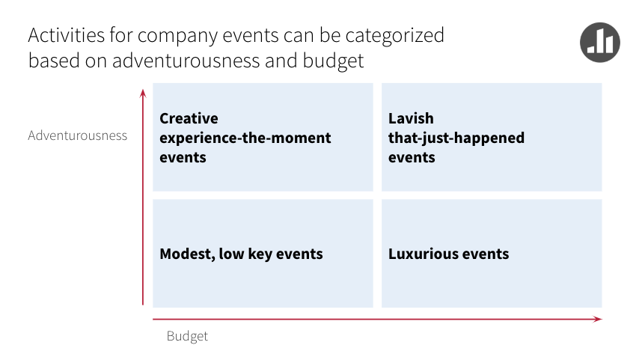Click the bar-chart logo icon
coord(600,42)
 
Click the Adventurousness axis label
coord(77,135)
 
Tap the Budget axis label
coord(187,336)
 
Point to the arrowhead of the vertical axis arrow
coord(143,93)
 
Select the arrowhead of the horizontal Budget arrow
coord(598,319)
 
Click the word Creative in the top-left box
coord(189,118)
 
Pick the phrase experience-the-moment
coord(245,138)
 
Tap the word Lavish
coord(411,118)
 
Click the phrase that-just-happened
coord(456,138)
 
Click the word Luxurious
coord(422,254)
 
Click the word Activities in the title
coord(67,35)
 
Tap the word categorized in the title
coord(394,36)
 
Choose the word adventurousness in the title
coord(186,61)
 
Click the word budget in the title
coord(333,61)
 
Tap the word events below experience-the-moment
coord(183,158)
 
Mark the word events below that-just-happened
coord(412,158)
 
